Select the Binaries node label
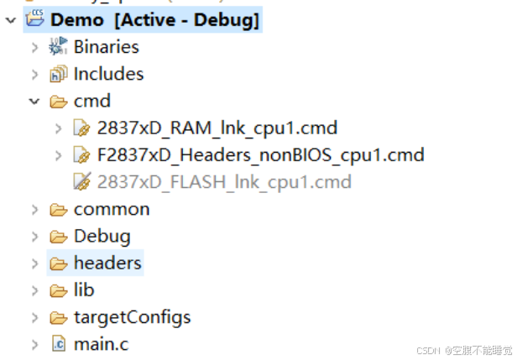tap(106, 47)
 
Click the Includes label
tap(108, 74)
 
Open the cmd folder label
tap(92, 102)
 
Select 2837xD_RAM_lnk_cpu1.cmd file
tap(217, 128)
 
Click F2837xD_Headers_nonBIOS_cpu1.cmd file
tap(260, 155)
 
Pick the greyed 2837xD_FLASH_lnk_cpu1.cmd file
tap(224, 182)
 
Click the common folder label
tap(112, 209)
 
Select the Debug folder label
tap(102, 236)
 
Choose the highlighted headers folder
tap(107, 263)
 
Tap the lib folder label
tap(84, 290)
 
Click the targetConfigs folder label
tap(132, 317)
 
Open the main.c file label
tap(101, 344)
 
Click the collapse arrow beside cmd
tap(34, 102)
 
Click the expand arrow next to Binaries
tap(34, 47)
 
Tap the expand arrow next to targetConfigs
tap(34, 317)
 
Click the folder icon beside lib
tap(58, 290)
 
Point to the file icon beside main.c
tap(58, 344)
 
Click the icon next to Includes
tap(58, 74)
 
